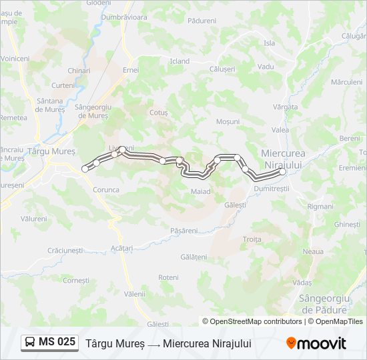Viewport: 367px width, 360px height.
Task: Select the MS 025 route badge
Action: [49, 343]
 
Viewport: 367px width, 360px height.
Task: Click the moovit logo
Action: [316, 343]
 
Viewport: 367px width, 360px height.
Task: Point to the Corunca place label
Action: [106, 189]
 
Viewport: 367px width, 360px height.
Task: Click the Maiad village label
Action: [200, 191]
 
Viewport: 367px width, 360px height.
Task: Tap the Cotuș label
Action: [159, 113]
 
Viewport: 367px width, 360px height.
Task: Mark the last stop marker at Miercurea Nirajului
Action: [282, 171]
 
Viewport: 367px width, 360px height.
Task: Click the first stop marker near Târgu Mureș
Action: [85, 169]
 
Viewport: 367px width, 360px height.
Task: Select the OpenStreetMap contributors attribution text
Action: [253, 321]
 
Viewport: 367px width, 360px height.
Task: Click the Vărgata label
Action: [286, 107]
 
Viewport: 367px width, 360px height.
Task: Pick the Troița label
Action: [252, 239]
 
